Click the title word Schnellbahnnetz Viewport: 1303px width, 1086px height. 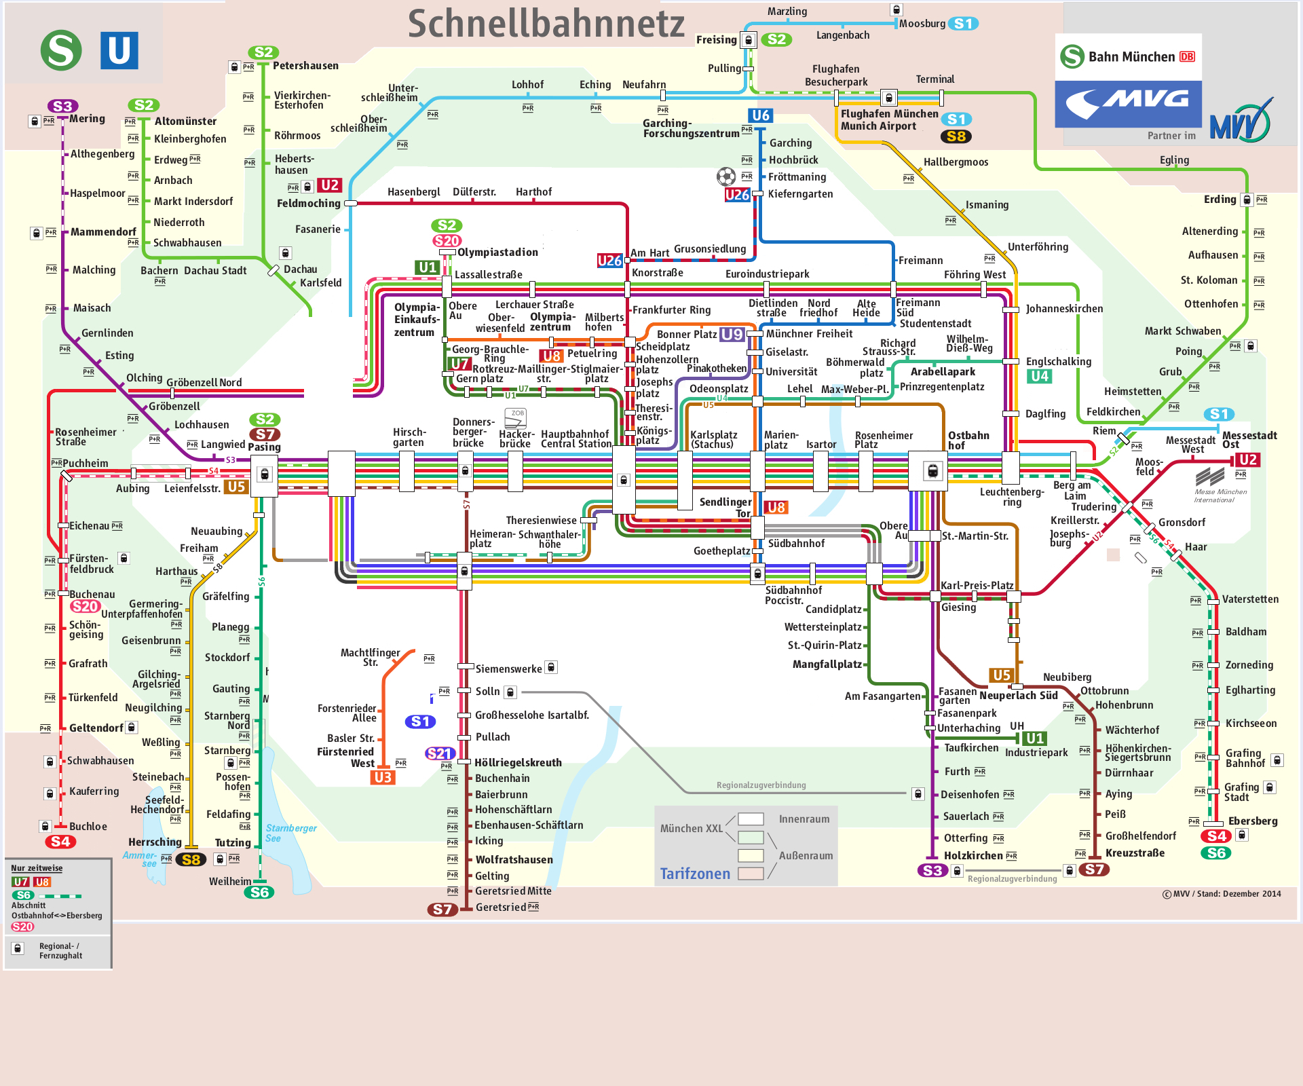pos(546,24)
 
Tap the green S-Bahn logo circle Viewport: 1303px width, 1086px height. pos(61,50)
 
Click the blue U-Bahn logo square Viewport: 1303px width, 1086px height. pos(119,50)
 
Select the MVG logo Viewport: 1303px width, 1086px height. pos(1128,104)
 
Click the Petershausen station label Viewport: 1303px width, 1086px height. pos(305,66)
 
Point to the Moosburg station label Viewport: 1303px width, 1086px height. pos(922,24)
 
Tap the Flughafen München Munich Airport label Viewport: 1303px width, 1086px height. pos(889,120)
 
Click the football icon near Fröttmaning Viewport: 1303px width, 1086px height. pos(726,177)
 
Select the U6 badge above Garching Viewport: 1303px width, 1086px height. pos(761,115)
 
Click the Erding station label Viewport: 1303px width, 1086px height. pos(1220,200)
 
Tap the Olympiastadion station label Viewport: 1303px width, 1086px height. pos(497,252)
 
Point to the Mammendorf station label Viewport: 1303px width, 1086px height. pos(103,232)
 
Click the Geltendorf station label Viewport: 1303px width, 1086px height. pos(96,728)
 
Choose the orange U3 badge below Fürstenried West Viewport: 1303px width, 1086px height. pos(383,777)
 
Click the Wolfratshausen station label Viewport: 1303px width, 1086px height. pos(514,860)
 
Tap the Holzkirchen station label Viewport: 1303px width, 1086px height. pos(973,856)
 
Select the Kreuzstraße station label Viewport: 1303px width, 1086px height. pos(1135,853)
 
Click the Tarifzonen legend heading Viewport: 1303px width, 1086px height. pos(695,874)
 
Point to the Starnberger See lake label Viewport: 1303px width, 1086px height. pos(291,833)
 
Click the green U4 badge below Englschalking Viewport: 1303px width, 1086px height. pos(1039,376)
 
